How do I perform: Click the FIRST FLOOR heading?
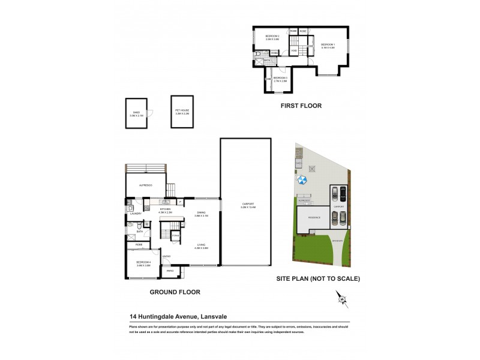(x=301, y=106)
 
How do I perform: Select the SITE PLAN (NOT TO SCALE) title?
(x=317, y=279)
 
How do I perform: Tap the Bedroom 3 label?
(x=280, y=79)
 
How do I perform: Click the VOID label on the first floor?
(x=294, y=52)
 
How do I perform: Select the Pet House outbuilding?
(x=182, y=111)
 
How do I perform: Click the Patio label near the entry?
(x=170, y=272)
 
